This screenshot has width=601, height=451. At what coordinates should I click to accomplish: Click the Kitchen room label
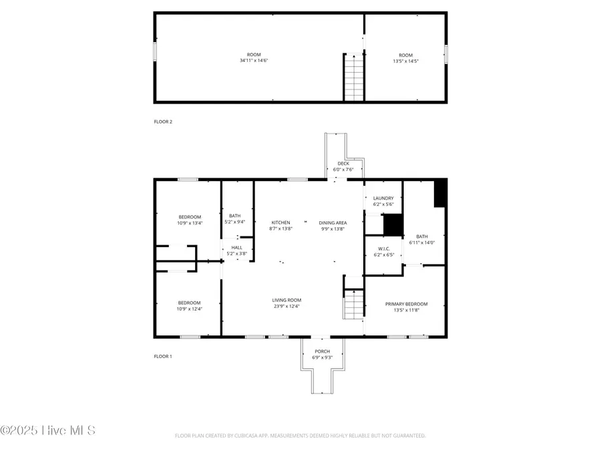click(280, 222)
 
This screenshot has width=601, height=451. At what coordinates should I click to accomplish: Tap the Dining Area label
click(332, 222)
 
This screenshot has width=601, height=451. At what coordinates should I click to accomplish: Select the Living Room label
click(286, 300)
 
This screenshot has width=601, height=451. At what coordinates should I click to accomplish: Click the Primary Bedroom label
click(406, 303)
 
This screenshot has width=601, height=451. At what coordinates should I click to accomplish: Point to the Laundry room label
click(383, 198)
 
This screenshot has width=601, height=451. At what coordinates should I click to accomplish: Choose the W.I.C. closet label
click(383, 249)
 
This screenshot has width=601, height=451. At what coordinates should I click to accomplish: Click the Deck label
click(343, 163)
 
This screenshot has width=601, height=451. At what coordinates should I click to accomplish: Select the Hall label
click(237, 247)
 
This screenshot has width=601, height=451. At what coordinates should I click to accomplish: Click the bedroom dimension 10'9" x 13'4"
click(190, 223)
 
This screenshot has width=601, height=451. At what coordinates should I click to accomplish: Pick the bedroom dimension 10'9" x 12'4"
click(190, 309)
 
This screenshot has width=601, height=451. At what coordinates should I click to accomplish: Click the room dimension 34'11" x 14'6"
click(254, 61)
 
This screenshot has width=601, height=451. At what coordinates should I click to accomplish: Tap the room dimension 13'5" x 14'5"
click(405, 61)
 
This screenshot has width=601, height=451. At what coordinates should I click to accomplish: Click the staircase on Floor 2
click(353, 78)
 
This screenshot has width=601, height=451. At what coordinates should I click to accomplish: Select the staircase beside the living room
click(353, 306)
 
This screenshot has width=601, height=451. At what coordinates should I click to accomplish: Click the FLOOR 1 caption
click(163, 357)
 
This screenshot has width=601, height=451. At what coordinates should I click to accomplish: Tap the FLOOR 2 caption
click(163, 122)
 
